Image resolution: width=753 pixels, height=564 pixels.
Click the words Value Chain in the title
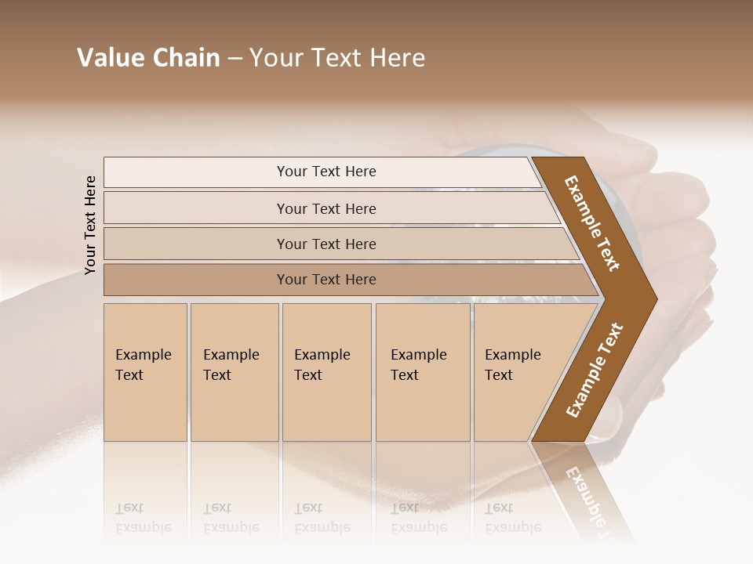point(148,58)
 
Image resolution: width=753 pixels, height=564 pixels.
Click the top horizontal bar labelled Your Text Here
point(326,172)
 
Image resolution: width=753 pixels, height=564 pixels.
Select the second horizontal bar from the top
point(326,208)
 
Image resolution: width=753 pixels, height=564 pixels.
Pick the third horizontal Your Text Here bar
point(326,244)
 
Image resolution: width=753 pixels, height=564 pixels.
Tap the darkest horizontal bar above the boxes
point(326,280)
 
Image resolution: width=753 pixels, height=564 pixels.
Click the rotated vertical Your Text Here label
point(90,225)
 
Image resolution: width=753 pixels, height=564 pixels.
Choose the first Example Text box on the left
point(145,372)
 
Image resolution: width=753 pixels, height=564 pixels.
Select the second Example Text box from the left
point(234,372)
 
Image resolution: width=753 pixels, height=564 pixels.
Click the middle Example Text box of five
point(326,372)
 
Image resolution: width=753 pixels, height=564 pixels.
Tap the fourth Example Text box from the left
point(423,372)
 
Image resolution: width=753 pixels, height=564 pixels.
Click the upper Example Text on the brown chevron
point(592,223)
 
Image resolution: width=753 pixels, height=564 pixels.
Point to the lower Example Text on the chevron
point(594,371)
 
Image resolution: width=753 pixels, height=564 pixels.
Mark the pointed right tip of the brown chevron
point(655,298)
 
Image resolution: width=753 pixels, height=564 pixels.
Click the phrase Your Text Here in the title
point(337,58)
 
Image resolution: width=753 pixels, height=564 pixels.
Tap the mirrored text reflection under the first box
point(144,518)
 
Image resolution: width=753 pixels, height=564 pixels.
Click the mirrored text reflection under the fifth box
point(512,518)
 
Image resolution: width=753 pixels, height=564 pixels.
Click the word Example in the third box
point(322,355)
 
